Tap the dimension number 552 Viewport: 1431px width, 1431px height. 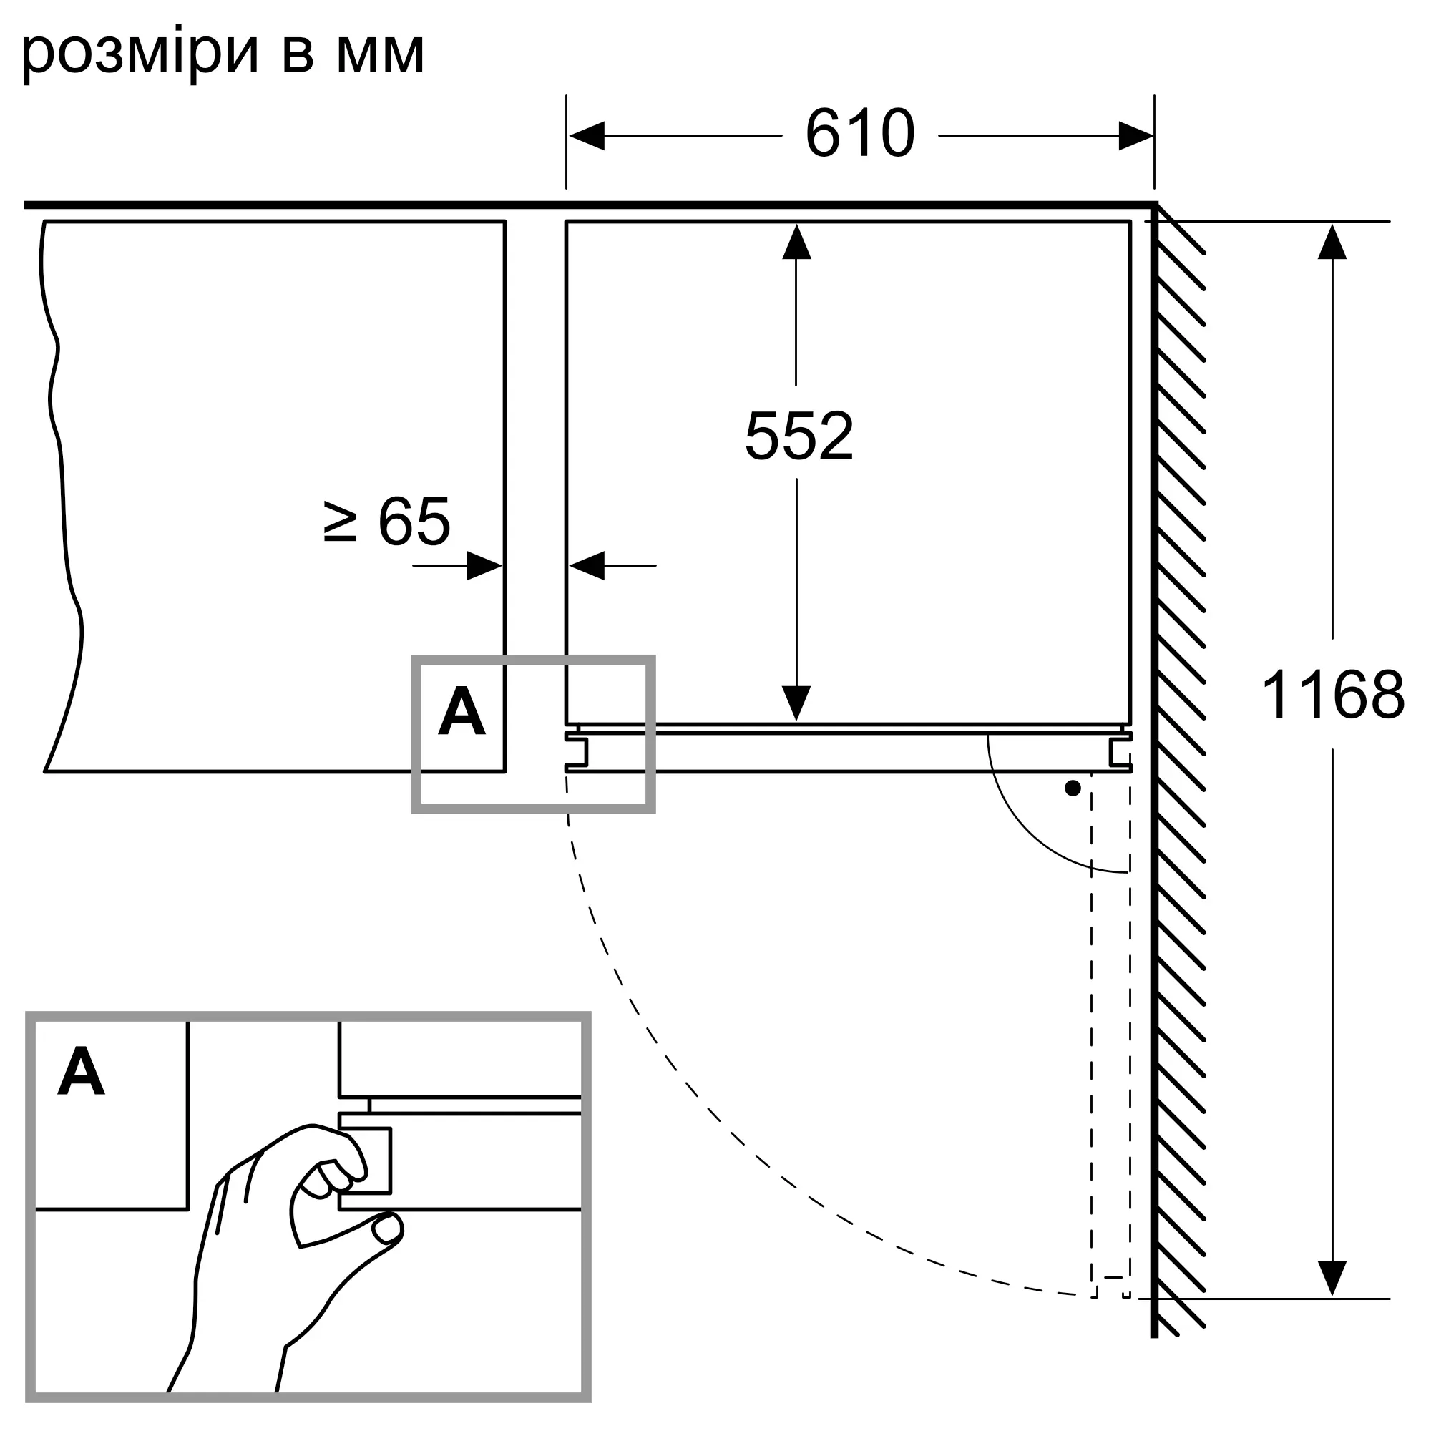798,436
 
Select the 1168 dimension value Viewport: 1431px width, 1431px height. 1332,695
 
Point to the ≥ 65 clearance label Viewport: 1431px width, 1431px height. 387,522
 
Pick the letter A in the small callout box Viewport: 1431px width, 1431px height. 461,711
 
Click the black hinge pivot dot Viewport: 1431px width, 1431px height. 1072,788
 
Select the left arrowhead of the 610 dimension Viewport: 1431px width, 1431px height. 587,135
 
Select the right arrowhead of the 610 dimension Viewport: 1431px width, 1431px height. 1135,135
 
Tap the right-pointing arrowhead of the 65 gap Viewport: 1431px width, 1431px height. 484,566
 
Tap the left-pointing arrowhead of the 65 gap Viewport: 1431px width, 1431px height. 587,566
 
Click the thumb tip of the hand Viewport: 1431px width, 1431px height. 388,1229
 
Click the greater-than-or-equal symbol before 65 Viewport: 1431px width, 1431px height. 341,522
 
